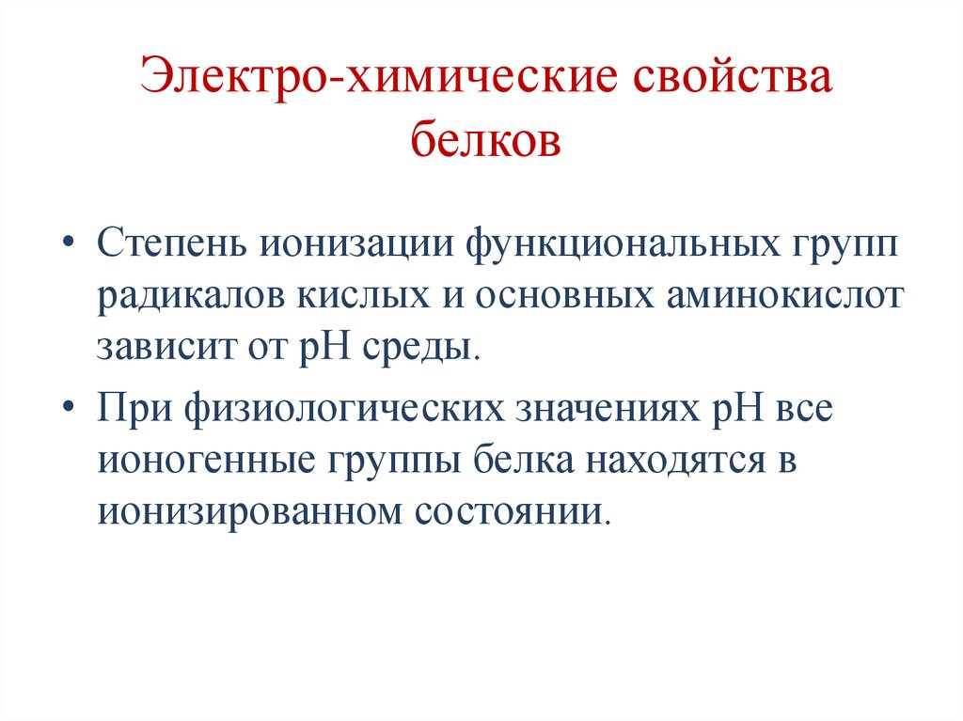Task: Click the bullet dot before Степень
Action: tap(72, 243)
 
